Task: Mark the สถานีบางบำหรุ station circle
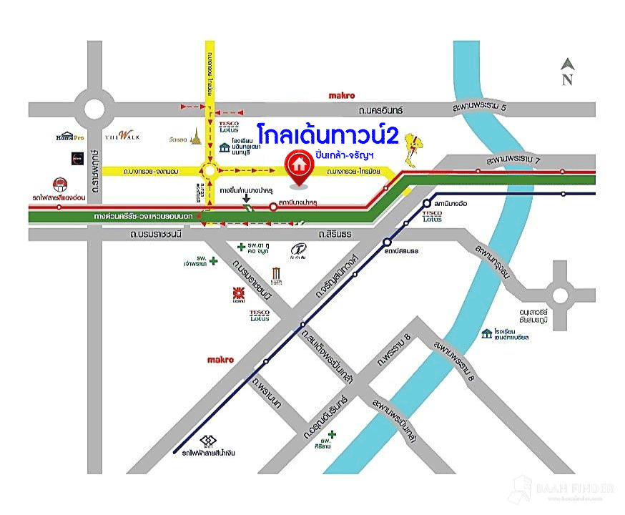[x=273, y=207]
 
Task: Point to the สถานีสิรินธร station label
[x=405, y=252]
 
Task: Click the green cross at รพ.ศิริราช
[x=332, y=433]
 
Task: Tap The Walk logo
[x=116, y=135]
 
